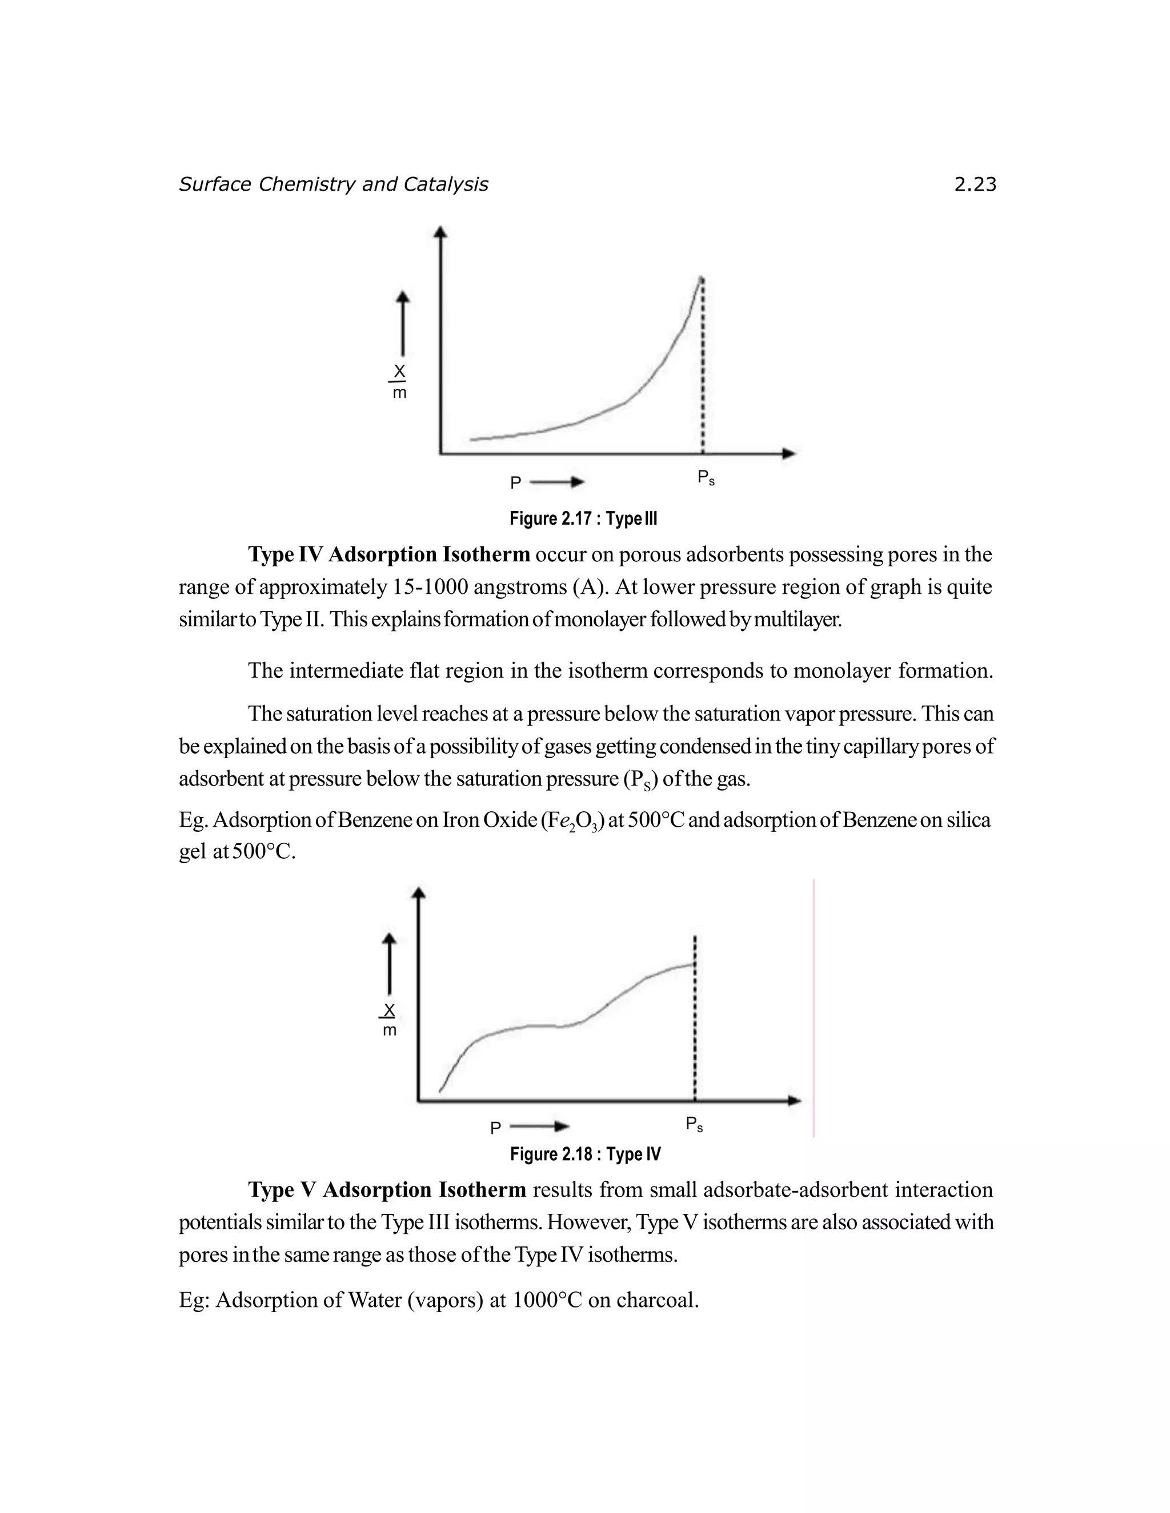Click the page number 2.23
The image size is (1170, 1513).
pyautogui.click(x=975, y=184)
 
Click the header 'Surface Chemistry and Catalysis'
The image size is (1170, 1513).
pyautogui.click(x=334, y=184)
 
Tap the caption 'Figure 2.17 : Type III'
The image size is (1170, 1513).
pyautogui.click(x=583, y=518)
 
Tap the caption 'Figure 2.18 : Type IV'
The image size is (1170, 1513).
pyautogui.click(x=585, y=1153)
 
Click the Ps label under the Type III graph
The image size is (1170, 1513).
pyautogui.click(x=706, y=478)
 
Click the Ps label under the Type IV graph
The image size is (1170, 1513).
pyautogui.click(x=694, y=1124)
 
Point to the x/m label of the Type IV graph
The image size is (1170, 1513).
pyautogui.click(x=390, y=1019)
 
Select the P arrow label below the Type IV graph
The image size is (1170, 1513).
pyautogui.click(x=530, y=1128)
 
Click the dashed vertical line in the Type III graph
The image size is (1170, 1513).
pyautogui.click(x=703, y=367)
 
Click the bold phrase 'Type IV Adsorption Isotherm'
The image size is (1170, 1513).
pyautogui.click(x=389, y=554)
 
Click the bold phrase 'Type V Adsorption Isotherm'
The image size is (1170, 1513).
pyautogui.click(x=387, y=1189)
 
